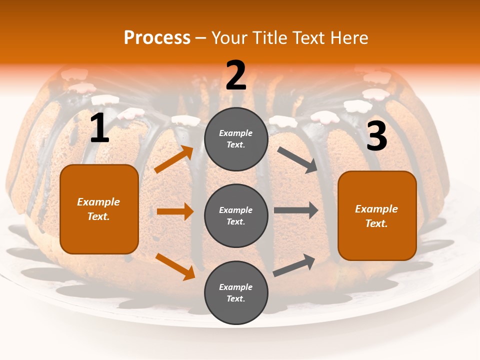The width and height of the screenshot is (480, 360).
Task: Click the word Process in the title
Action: (x=157, y=38)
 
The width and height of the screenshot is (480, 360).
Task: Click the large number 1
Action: (x=99, y=128)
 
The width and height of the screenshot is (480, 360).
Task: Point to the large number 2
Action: (x=236, y=76)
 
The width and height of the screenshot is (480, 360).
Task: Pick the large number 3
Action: (x=376, y=136)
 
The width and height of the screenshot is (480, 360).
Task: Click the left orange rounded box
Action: (x=99, y=209)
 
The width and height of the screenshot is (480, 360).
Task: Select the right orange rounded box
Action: (x=377, y=216)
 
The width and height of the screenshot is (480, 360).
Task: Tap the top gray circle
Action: (x=236, y=139)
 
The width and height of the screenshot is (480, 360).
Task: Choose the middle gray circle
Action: (x=236, y=215)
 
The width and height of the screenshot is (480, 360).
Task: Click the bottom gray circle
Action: (x=236, y=292)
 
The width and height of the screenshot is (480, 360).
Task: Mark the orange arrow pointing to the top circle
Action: (x=174, y=159)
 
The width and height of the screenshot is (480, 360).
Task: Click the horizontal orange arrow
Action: (x=175, y=211)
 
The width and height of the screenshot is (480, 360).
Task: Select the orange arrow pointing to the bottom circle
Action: (x=175, y=266)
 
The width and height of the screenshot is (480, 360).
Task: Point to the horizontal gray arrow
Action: (x=296, y=210)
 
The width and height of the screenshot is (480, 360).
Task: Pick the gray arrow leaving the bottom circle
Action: (x=294, y=265)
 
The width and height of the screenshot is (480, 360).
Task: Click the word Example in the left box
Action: (x=98, y=202)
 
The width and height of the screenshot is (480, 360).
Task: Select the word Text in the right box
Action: (x=376, y=223)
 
